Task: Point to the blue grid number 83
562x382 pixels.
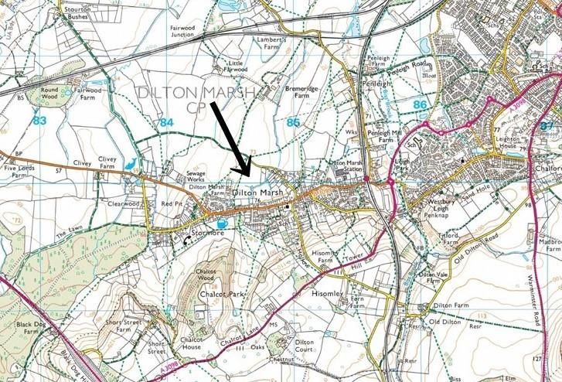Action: [40, 120]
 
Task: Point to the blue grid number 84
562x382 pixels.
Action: [167, 121]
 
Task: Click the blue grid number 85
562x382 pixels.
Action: [292, 121]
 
